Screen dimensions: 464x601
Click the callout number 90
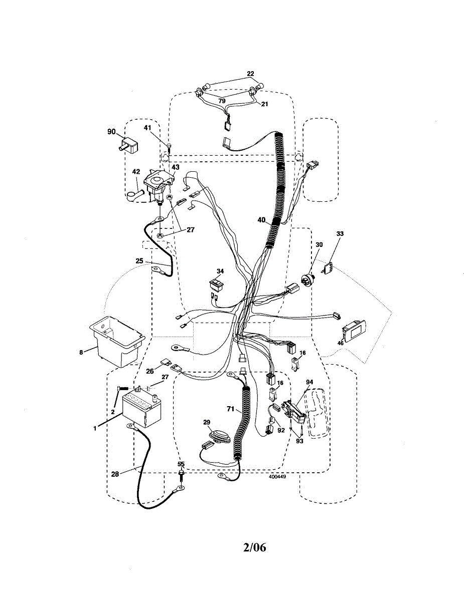click(x=111, y=132)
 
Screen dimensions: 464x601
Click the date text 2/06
click(x=254, y=547)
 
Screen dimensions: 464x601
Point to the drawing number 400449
click(x=277, y=477)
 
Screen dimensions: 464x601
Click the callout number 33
click(x=340, y=233)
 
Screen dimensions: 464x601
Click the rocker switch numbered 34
click(x=217, y=285)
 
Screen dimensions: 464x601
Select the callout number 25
click(x=139, y=260)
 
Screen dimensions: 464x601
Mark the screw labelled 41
click(x=169, y=146)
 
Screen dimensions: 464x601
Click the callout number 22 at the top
click(x=250, y=74)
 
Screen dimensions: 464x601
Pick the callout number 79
click(x=222, y=101)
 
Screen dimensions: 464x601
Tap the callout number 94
click(x=310, y=382)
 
